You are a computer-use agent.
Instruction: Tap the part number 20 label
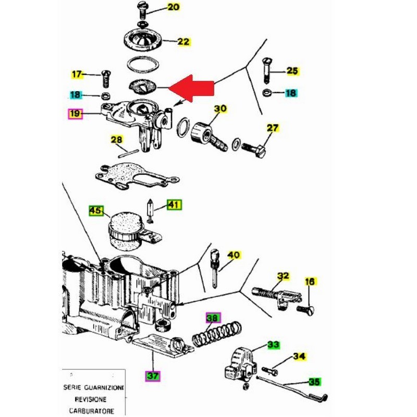tap(173, 7)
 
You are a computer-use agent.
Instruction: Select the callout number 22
tap(183, 42)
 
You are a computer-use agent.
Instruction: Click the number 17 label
tap(77, 75)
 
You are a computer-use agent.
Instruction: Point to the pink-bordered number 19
tap(76, 113)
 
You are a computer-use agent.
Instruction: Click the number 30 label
tap(220, 109)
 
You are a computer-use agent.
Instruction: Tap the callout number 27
tap(273, 128)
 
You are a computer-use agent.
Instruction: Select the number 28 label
tap(116, 140)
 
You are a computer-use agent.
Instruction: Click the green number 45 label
tap(95, 211)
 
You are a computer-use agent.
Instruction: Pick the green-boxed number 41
tap(174, 205)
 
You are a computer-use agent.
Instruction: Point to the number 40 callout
tap(234, 255)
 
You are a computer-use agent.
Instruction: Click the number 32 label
tap(283, 276)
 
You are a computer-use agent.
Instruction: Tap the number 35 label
tap(314, 382)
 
